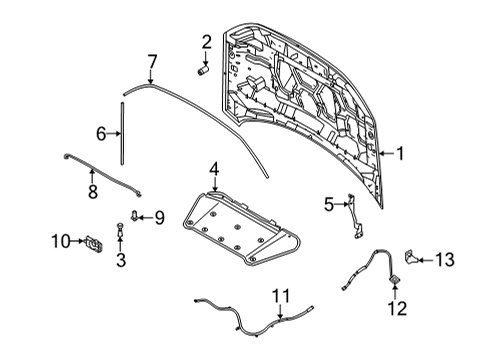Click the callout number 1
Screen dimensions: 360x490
(x=399, y=154)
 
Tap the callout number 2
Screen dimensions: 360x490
(x=205, y=42)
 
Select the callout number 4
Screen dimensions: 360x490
(x=215, y=171)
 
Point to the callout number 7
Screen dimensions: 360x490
(x=152, y=62)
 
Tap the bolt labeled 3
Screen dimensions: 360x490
(x=121, y=236)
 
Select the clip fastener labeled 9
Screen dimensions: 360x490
(x=137, y=216)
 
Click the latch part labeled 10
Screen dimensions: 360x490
(x=93, y=241)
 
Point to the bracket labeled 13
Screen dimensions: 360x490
(x=412, y=260)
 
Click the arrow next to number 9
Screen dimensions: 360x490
(x=146, y=216)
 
